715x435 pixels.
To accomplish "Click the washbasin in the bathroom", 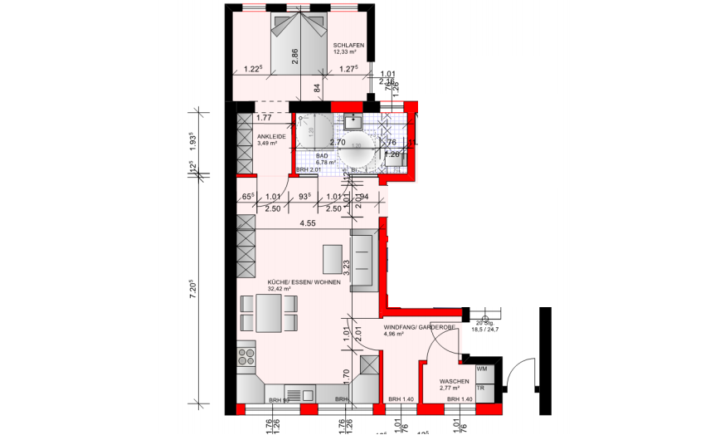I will click(x=356, y=122).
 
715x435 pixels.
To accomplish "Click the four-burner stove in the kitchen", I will click(x=247, y=358).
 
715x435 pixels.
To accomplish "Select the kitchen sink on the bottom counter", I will click(x=296, y=394).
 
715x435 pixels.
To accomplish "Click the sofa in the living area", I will click(x=365, y=261).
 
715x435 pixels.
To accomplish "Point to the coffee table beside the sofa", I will click(x=331, y=258).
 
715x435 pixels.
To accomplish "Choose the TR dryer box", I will click(x=481, y=388).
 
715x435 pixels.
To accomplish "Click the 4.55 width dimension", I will click(x=307, y=222).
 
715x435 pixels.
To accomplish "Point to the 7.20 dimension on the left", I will click(x=192, y=289).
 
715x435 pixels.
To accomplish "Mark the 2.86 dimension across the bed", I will click(x=294, y=56).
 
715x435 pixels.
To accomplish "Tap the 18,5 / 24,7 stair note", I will click(x=486, y=329).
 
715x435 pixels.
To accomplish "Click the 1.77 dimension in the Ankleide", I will click(x=264, y=117).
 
